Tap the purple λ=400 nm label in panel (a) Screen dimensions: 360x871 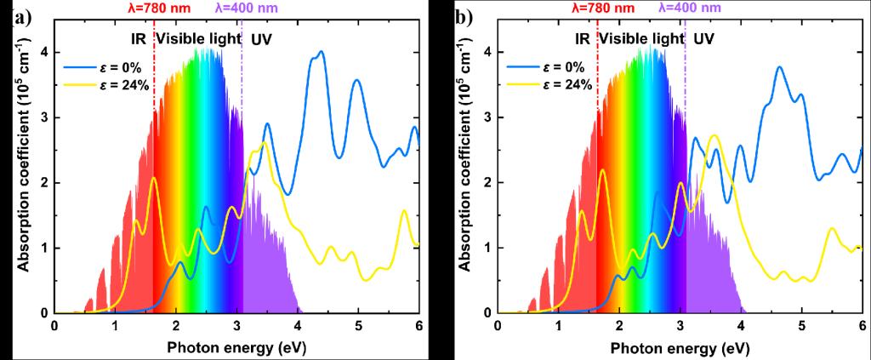[246, 8]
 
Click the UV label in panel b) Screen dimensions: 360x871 [703, 39]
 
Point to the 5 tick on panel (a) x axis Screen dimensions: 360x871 [358, 326]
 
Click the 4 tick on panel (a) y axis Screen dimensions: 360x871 [43, 52]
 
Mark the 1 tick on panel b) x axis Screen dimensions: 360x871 [559, 326]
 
